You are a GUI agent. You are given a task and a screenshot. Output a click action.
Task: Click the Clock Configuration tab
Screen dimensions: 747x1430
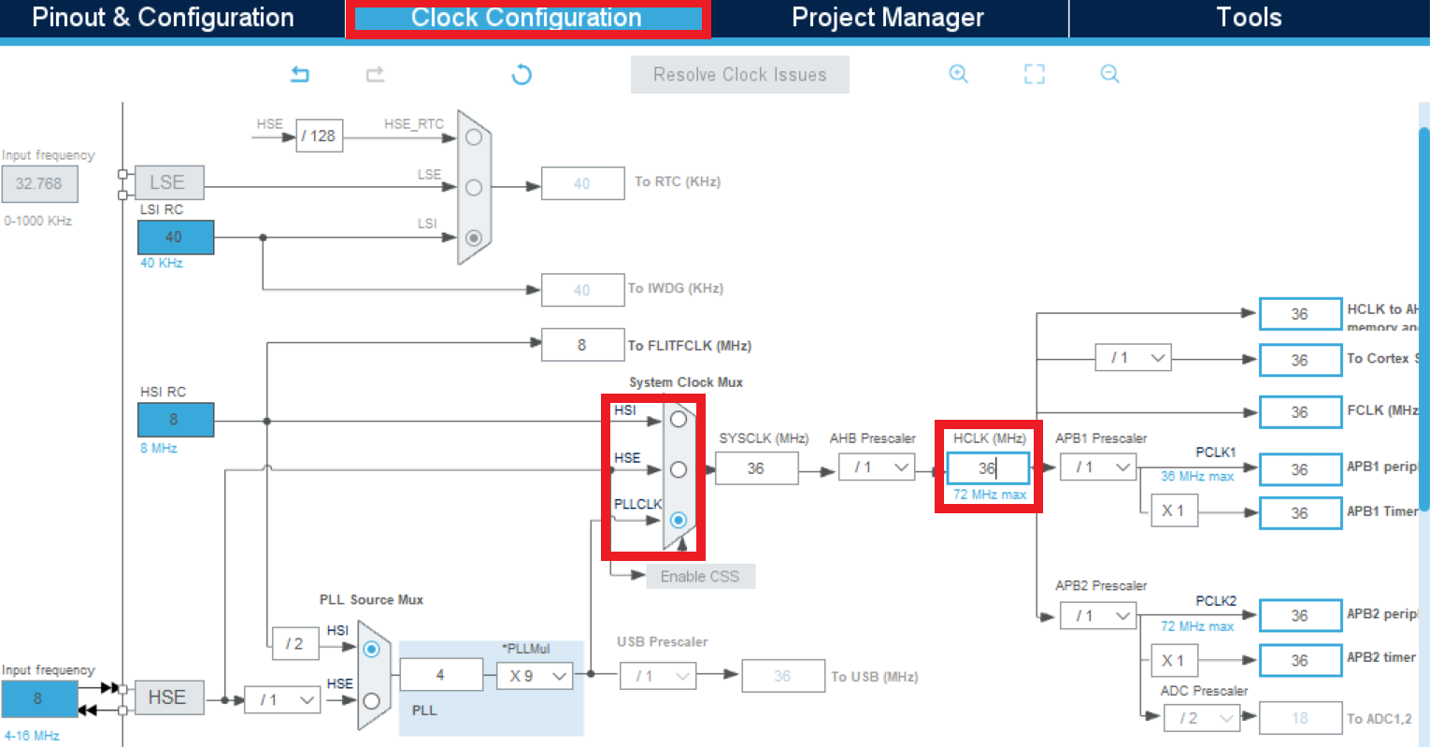(x=527, y=19)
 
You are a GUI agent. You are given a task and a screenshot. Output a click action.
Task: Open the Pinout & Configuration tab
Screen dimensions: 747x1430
(x=163, y=18)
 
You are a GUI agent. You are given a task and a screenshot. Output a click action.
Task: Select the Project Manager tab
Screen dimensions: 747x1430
(x=887, y=18)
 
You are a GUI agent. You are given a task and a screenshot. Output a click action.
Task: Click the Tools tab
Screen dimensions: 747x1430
(x=1248, y=18)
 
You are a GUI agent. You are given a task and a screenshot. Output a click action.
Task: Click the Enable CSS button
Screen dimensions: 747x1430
(x=700, y=576)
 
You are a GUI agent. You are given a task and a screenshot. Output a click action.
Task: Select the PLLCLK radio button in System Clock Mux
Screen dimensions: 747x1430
(x=679, y=520)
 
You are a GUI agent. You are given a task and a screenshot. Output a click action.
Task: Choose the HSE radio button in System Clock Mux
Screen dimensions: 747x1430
(x=679, y=469)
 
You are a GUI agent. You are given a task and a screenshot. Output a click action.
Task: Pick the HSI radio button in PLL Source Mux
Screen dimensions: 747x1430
(x=371, y=649)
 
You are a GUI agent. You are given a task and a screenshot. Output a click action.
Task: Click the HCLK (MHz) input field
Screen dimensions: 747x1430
(x=988, y=468)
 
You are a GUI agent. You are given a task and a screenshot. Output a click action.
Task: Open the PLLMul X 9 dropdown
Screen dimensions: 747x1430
(x=534, y=675)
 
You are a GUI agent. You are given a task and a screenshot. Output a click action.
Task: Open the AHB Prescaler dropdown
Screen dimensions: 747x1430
(x=876, y=467)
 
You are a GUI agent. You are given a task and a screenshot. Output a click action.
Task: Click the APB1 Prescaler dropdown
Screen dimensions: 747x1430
(x=1098, y=467)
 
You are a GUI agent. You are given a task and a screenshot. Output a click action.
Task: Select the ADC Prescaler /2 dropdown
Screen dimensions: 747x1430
(x=1201, y=718)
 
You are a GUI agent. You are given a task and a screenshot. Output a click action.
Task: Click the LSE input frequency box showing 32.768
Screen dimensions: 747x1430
(x=39, y=184)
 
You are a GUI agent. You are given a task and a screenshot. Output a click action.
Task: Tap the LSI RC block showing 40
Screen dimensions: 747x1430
(x=175, y=237)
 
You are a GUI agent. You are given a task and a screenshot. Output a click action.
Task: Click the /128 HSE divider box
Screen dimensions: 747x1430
(x=319, y=136)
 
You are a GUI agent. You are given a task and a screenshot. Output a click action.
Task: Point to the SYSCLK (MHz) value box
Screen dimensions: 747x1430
(x=756, y=468)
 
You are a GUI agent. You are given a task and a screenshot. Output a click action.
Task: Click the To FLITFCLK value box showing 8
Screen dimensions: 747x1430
(x=582, y=345)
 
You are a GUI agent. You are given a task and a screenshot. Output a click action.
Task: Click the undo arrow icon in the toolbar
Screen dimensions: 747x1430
(x=300, y=74)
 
